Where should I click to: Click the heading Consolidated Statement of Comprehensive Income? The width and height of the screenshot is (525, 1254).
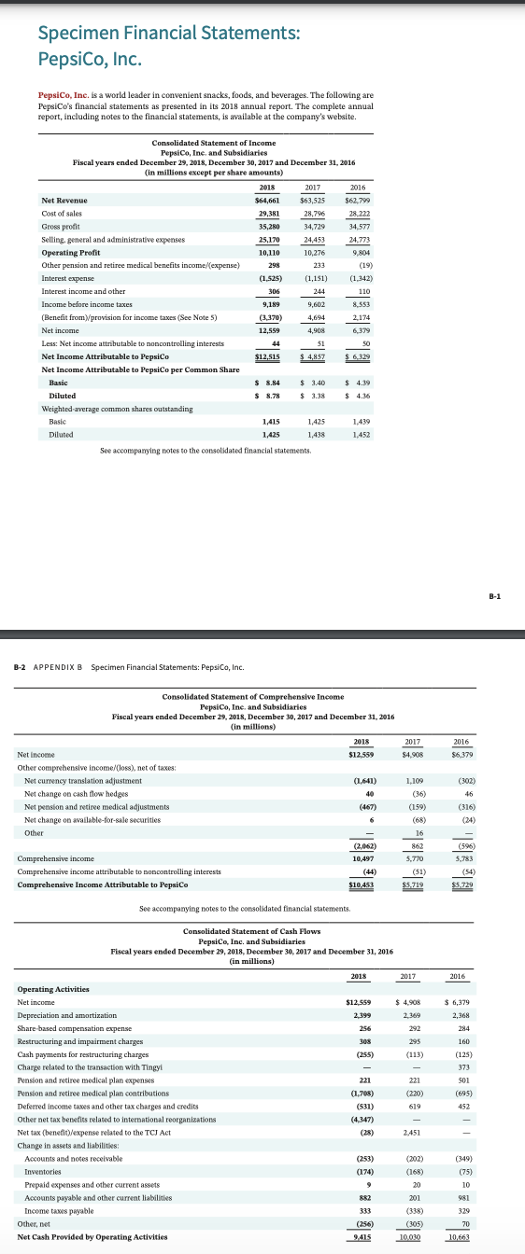[253, 697]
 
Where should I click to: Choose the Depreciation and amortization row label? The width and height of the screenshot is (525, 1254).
[67, 1014]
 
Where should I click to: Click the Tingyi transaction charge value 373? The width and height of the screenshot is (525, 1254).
[457, 1066]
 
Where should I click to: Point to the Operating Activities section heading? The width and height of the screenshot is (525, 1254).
[53, 988]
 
